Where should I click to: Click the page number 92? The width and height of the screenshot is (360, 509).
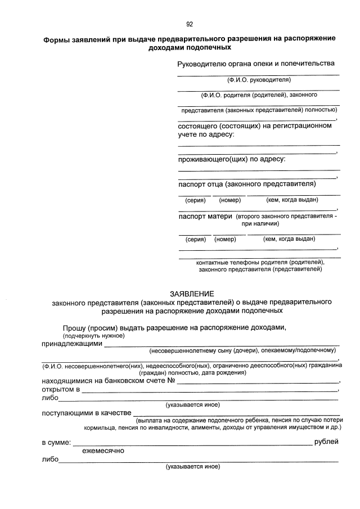(x=190, y=24)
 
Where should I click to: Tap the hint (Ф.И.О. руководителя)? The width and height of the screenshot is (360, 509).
(x=258, y=80)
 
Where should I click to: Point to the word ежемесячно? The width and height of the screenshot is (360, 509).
(x=103, y=451)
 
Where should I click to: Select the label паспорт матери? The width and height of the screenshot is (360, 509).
(x=205, y=216)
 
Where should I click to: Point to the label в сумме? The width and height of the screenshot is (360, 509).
(x=56, y=443)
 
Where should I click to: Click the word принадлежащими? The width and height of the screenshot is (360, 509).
(x=72, y=343)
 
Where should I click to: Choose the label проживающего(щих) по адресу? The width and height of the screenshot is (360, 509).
(x=232, y=159)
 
